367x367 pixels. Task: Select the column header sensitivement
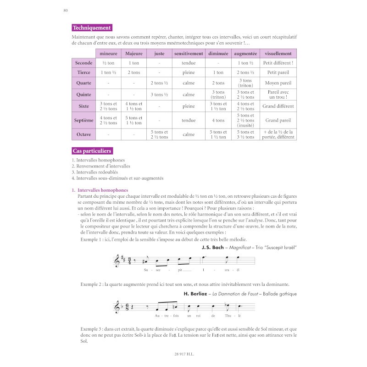[189, 53]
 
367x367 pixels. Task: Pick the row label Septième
[83, 121]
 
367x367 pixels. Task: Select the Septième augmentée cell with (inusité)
[246, 121]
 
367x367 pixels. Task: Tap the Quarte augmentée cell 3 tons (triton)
[246, 83]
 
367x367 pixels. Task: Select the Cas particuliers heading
[92, 150]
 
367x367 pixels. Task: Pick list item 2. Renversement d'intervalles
[101, 166]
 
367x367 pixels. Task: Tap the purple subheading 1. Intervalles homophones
[100, 190]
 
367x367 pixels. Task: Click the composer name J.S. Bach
[212, 248]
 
